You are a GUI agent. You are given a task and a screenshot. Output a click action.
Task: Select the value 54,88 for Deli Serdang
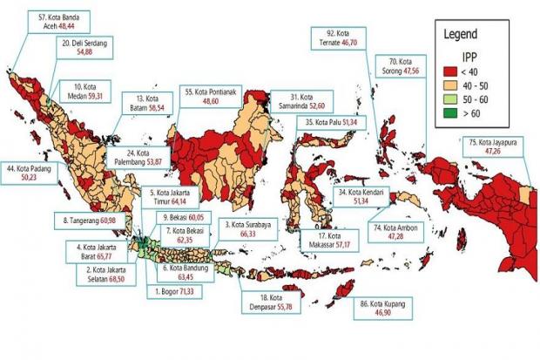85,52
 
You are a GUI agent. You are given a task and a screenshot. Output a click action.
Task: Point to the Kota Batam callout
145,103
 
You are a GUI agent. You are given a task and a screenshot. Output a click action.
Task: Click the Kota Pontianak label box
213,96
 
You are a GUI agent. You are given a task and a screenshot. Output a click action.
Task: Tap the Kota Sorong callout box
403,67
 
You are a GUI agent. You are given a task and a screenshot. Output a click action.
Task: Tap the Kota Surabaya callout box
252,228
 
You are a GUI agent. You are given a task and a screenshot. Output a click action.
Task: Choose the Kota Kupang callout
387,309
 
